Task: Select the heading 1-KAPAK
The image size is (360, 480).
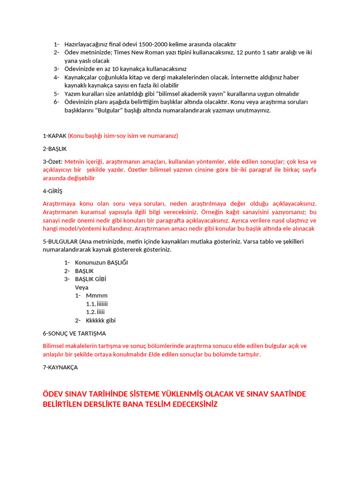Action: [55, 136]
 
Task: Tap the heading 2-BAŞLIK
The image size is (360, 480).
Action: [54, 149]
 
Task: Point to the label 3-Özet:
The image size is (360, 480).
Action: [53, 162]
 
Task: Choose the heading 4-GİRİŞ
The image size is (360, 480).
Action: [52, 191]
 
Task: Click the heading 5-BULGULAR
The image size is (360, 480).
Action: [60, 241]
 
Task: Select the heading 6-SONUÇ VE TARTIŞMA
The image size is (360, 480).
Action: [74, 333]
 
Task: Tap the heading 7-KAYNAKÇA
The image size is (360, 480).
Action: [60, 367]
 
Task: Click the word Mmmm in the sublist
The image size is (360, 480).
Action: [97, 296]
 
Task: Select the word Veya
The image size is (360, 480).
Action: [82, 287]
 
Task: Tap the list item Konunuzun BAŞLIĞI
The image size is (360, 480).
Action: [101, 262]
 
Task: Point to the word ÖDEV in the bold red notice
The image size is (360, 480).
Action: [52, 394]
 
